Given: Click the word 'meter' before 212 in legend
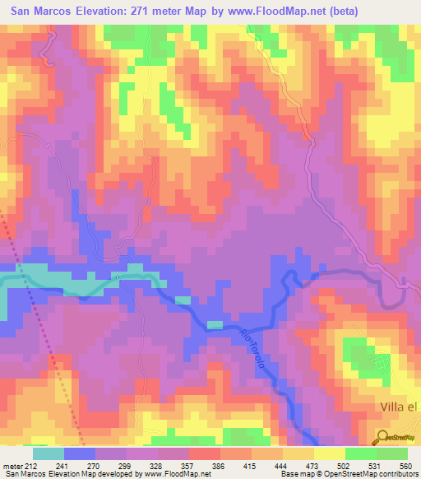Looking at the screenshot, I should click(x=13, y=466).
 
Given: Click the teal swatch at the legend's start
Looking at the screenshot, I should click(x=49, y=453).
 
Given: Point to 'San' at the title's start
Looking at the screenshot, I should click(x=24, y=12).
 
